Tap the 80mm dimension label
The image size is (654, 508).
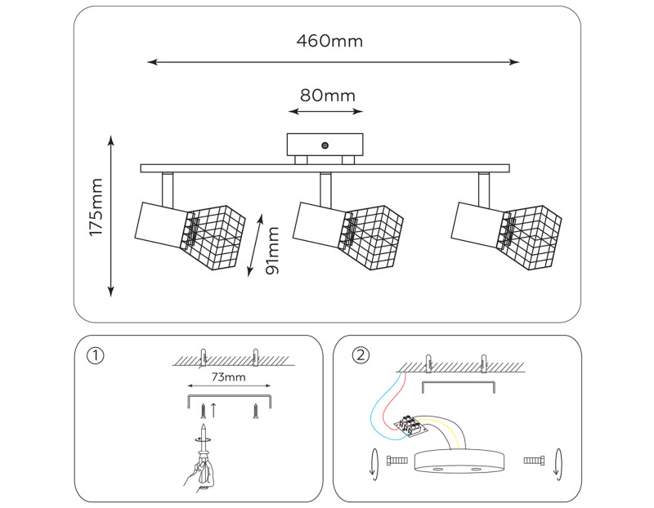coord(326,96)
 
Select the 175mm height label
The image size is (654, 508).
coord(97,207)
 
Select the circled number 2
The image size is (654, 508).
coord(360,355)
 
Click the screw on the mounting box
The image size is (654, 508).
coord(325,145)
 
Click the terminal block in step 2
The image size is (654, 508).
coord(412,423)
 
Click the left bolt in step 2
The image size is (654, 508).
coord(396,461)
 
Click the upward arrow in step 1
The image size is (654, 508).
coord(213,409)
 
